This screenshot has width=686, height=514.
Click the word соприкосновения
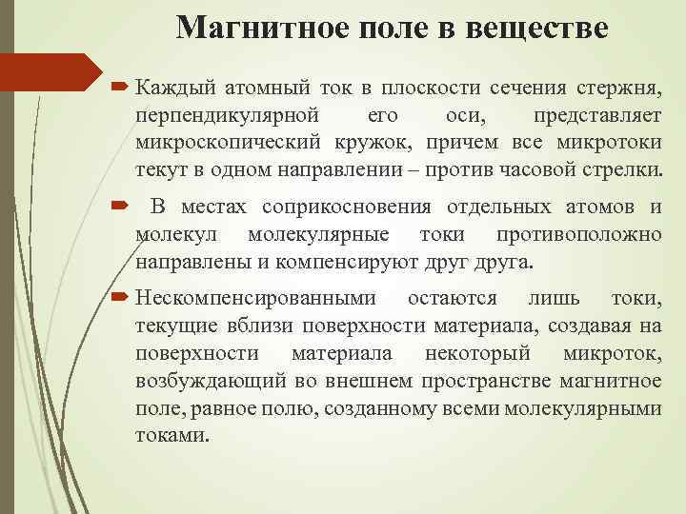(x=346, y=208)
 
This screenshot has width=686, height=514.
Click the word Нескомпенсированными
(x=255, y=299)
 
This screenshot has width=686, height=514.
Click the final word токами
(x=171, y=435)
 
